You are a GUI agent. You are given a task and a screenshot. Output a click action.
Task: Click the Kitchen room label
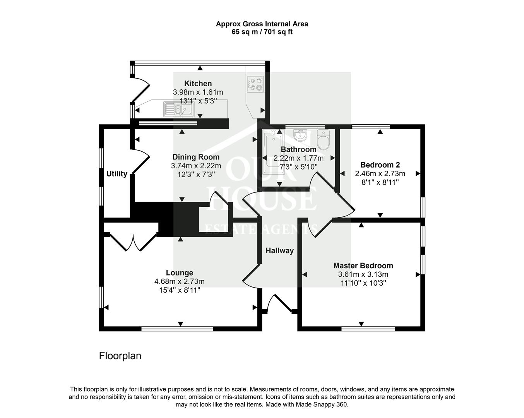coord(198,84)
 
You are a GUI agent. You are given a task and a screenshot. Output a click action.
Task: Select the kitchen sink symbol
coord(178,109)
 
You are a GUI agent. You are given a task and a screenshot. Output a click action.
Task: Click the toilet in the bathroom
coord(323,139)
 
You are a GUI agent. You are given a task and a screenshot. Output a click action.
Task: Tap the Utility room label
coord(117,174)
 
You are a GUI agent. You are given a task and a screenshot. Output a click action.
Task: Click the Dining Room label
coord(196,157)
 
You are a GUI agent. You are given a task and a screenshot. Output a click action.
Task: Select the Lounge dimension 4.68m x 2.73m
coord(179,281)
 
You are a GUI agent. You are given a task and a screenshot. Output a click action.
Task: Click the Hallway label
coord(279,251)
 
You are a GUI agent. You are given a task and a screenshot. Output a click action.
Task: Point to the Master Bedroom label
coord(363,266)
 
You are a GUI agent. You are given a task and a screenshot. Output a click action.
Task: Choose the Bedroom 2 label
coord(380,164)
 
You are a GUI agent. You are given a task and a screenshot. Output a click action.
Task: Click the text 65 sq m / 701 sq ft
coord(262,32)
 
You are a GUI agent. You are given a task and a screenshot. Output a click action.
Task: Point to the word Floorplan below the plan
coord(120,356)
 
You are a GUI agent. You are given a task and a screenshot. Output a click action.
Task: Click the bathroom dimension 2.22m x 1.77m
coord(298,158)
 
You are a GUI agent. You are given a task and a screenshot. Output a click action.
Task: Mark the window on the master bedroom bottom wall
coord(368,329)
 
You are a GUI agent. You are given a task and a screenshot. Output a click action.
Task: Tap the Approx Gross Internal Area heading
coord(262,24)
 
